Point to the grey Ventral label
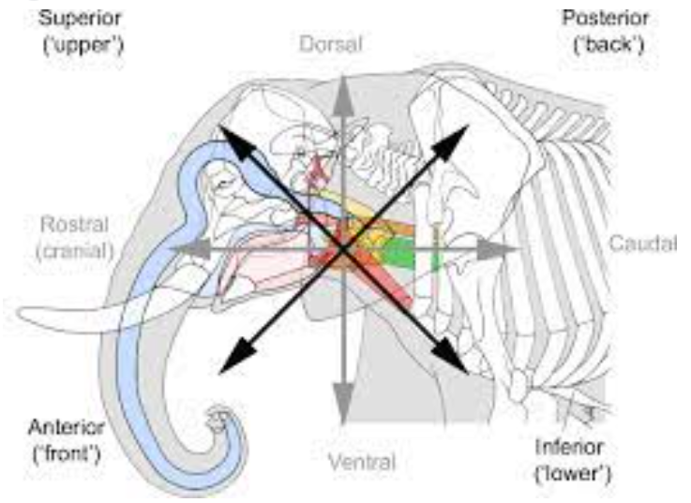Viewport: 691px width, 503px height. point(362,461)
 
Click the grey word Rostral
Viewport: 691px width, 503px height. point(75,225)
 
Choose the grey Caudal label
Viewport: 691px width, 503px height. point(642,244)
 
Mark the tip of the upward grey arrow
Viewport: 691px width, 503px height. point(343,76)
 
